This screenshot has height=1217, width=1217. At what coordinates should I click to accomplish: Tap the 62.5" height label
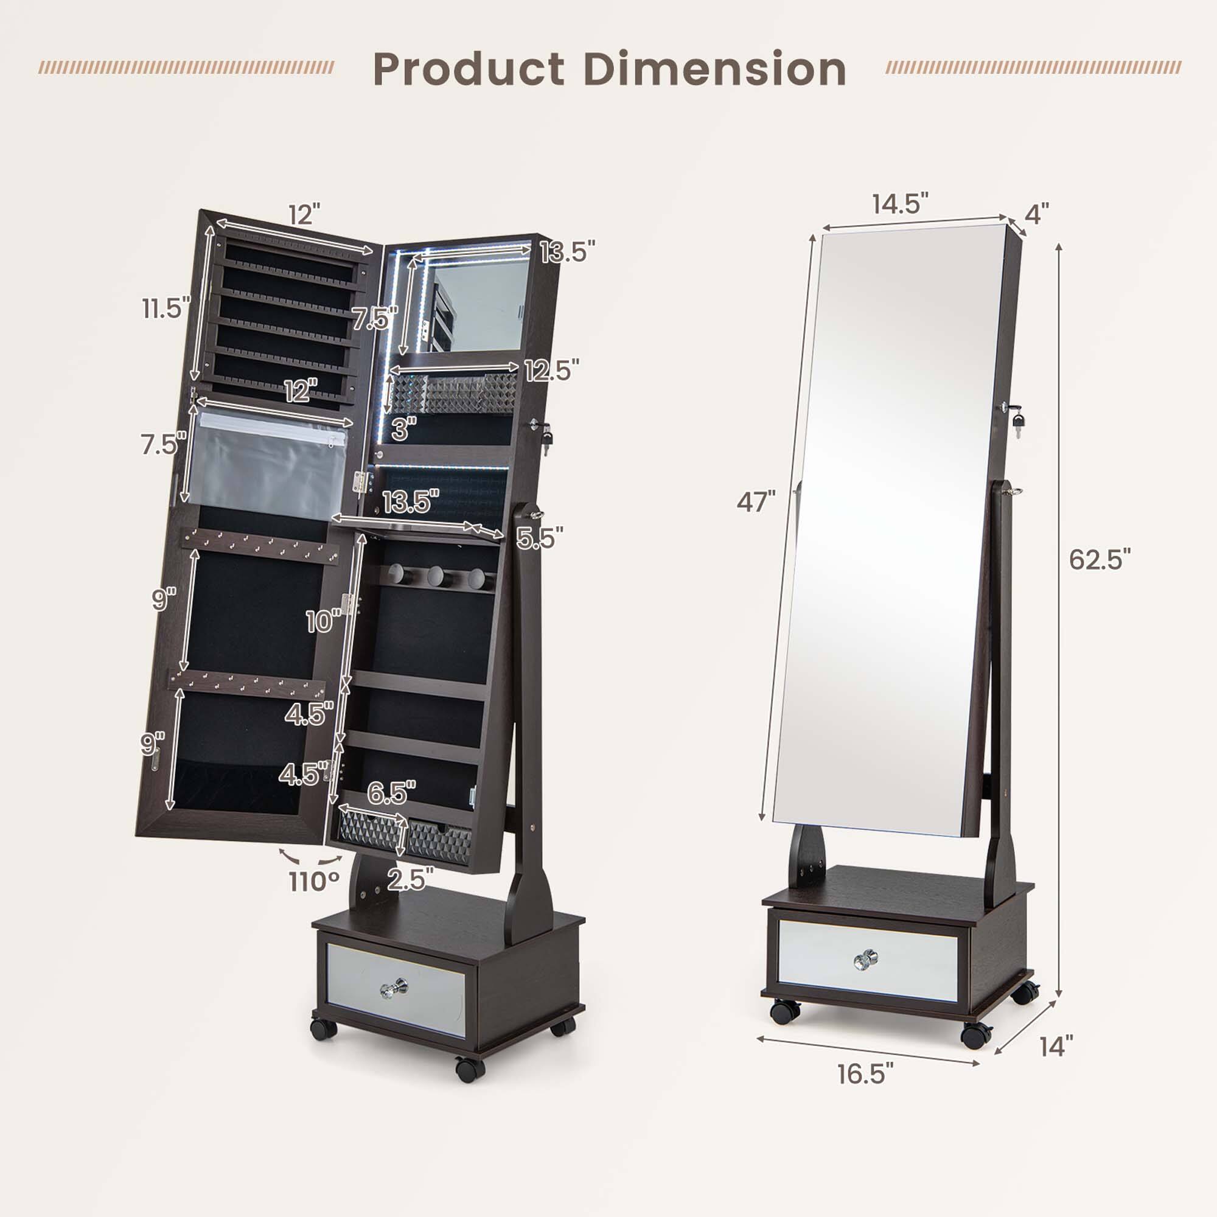pos(1100,559)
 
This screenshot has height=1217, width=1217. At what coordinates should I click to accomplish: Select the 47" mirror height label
pos(756,502)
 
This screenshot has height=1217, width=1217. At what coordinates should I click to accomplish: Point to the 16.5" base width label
pos(865,1073)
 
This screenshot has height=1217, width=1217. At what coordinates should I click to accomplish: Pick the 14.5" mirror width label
pos(899,204)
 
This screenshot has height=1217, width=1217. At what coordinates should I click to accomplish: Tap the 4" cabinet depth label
pos(1036,215)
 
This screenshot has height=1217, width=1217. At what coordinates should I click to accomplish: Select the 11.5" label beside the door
pos(165,309)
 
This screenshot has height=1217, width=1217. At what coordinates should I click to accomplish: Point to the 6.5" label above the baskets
pos(391,793)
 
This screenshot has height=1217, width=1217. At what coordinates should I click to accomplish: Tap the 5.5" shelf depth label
pos(539,537)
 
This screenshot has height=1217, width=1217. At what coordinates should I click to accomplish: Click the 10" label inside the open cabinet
pos(323,622)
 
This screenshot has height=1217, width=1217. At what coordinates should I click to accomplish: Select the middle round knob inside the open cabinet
pos(435,576)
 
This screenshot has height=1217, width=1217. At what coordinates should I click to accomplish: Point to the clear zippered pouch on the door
pos(268,466)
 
